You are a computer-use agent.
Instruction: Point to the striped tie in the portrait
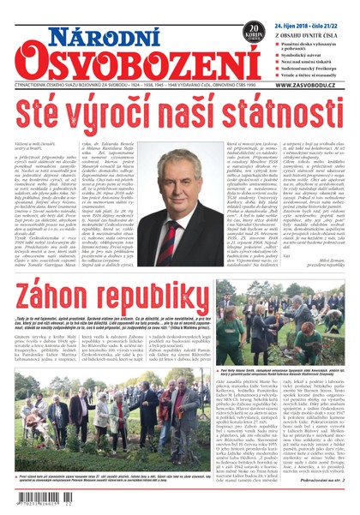[x=180, y=194]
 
